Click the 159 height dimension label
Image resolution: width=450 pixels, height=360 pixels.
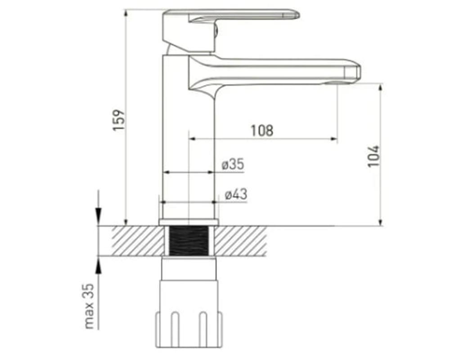(x=118, y=120)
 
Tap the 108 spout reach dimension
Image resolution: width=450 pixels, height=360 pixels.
(x=262, y=130)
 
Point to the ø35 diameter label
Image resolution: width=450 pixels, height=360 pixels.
(x=233, y=165)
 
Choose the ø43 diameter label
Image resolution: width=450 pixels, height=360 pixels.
(x=236, y=194)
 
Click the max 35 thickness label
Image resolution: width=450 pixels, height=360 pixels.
(x=89, y=306)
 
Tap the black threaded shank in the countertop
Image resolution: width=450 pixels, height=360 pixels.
(x=189, y=241)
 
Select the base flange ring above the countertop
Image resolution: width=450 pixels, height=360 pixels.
(x=189, y=222)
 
